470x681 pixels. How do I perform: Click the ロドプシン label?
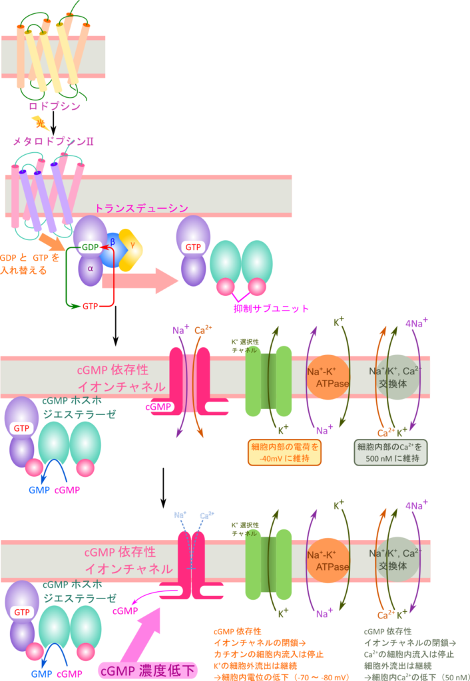55,106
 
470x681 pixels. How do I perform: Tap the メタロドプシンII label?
53,141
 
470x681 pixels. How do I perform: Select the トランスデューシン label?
141,209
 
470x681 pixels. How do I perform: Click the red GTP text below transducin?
91,306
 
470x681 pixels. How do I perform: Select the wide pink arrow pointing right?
140,281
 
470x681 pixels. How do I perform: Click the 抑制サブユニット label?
272,309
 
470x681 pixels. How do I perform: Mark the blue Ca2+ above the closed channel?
206,515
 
